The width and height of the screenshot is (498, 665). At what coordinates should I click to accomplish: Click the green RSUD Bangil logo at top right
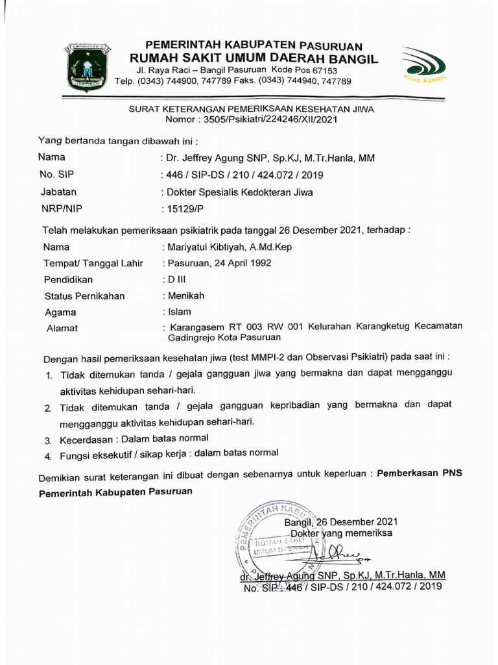click(424, 66)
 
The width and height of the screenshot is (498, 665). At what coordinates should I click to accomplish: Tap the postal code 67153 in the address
click(322, 70)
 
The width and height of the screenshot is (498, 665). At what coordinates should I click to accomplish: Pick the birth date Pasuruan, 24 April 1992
click(219, 263)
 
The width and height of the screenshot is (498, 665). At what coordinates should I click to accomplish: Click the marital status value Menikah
click(186, 295)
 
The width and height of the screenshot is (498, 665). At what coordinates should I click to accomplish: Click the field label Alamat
click(62, 329)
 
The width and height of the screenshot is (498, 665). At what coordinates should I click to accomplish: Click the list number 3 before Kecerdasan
click(48, 440)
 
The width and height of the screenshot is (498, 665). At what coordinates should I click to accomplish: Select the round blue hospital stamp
click(280, 540)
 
